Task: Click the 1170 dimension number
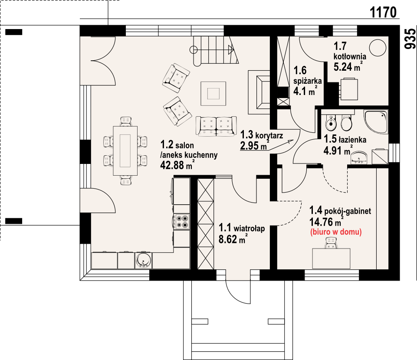pos(383,12)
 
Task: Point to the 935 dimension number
pos(410,39)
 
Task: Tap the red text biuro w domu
pos(336,232)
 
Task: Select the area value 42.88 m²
pos(177,165)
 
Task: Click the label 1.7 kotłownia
pos(350,51)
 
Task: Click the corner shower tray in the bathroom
pos(376,121)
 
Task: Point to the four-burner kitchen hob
pos(182,222)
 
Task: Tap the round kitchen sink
pos(144,260)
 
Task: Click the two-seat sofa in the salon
pos(216,126)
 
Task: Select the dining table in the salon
pos(125,151)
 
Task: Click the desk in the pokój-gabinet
pos(331,259)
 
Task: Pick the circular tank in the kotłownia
pos(378,48)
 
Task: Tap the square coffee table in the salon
pos(213,94)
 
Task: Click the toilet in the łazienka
pos(346,123)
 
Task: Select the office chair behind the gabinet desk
pos(331,243)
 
